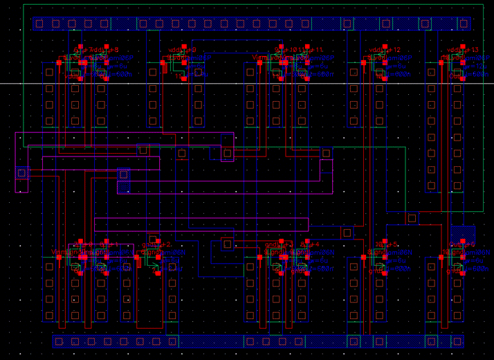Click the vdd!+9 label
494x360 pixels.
point(183,51)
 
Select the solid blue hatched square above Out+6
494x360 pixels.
point(463,233)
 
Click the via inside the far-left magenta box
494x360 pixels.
point(21,172)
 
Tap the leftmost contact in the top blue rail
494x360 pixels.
point(39,24)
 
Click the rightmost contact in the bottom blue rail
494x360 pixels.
point(457,341)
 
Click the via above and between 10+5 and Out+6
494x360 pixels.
point(412,218)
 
